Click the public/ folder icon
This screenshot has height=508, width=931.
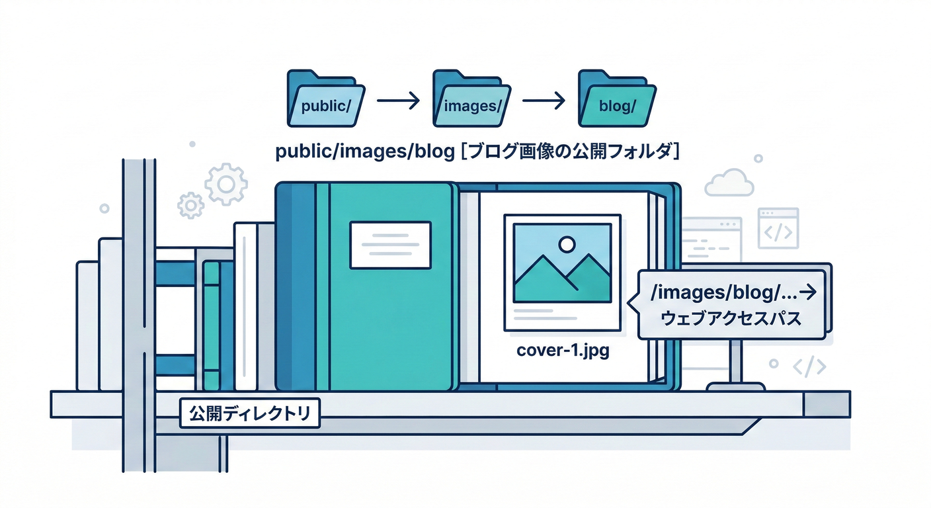[x=325, y=99]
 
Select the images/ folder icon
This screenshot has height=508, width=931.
[x=470, y=99]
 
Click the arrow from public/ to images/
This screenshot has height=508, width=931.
[x=397, y=101]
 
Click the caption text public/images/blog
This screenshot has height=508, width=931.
[x=364, y=152]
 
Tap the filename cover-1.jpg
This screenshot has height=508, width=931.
[x=562, y=351]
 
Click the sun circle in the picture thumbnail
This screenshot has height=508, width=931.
[x=567, y=245]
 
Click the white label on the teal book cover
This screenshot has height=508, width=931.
[x=390, y=245]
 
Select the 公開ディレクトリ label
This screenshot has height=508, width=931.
[x=249, y=414]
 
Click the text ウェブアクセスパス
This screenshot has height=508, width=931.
[x=731, y=319]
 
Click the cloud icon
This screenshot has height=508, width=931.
[x=729, y=183]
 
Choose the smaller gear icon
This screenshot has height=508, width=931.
[x=192, y=206]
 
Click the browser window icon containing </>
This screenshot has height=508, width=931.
[x=778, y=228]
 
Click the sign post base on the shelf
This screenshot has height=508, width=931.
[x=737, y=386]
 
